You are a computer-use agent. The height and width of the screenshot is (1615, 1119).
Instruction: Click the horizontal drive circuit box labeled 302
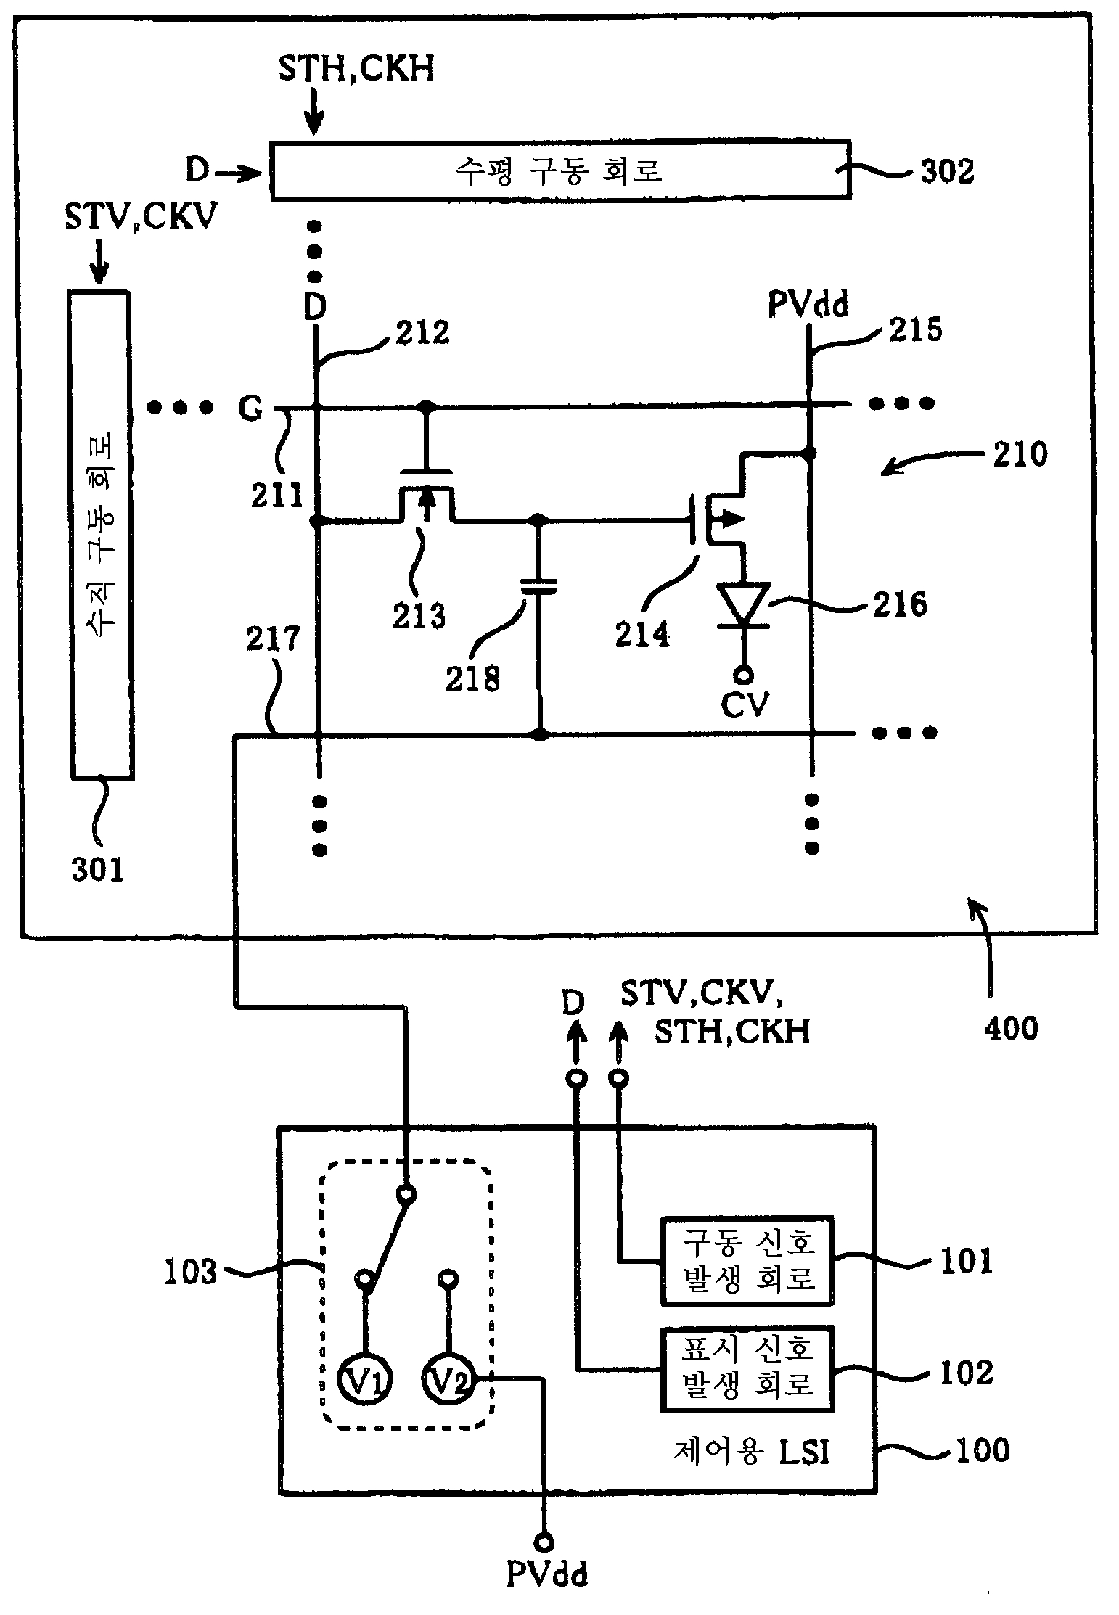(x=559, y=170)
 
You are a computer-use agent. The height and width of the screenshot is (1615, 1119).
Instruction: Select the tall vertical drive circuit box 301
(x=101, y=535)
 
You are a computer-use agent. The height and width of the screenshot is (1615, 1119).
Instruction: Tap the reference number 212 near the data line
(x=422, y=333)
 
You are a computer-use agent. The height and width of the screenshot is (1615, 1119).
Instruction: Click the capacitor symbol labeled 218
(x=538, y=586)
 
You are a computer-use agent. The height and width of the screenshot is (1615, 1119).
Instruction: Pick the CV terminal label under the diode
(x=745, y=703)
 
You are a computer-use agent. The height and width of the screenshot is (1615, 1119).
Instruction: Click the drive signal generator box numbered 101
(x=747, y=1260)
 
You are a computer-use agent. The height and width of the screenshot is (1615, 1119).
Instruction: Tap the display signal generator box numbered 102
(x=747, y=1370)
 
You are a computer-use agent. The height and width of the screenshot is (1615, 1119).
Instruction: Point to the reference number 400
(x=1011, y=1028)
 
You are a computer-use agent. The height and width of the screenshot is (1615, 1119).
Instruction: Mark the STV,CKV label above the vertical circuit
(x=141, y=215)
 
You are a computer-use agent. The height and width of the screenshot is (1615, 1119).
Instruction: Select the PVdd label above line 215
(x=808, y=305)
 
